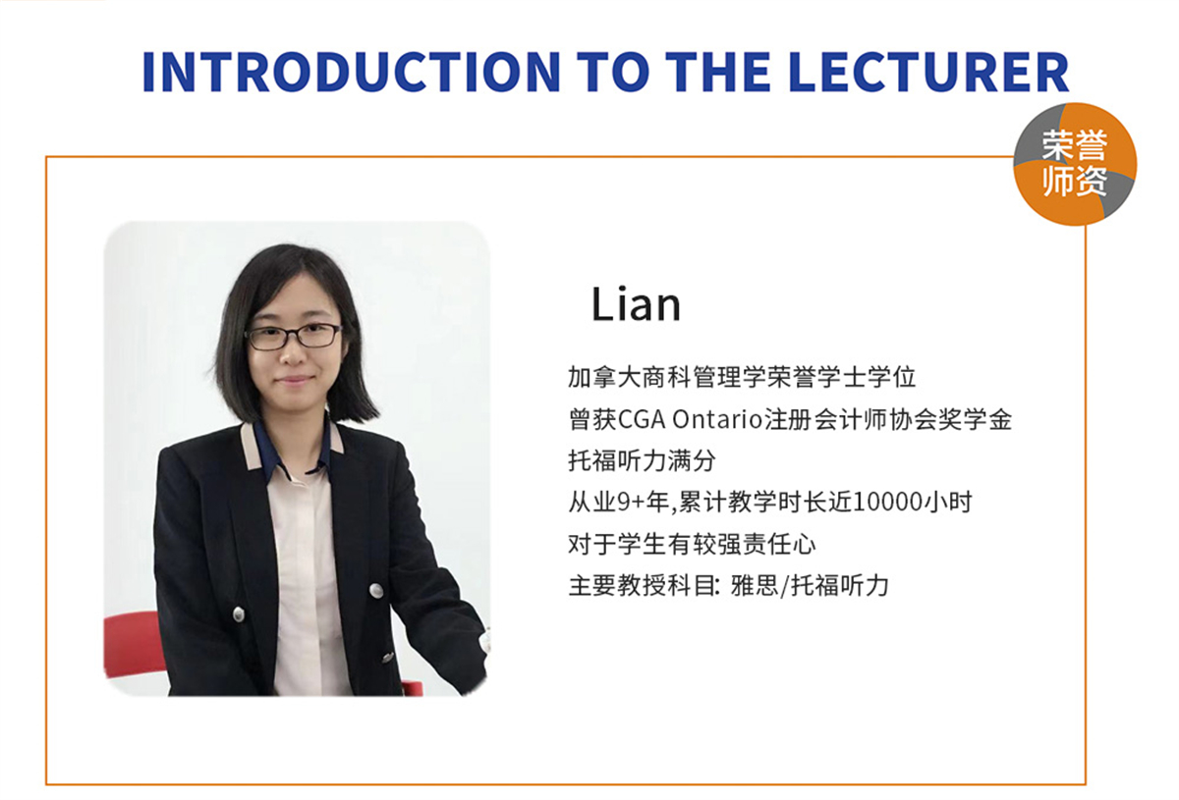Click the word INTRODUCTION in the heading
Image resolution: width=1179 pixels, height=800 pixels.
coord(352,72)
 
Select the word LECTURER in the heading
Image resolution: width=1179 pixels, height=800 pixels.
coord(929,72)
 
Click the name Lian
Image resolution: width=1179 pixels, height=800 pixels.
coord(636,304)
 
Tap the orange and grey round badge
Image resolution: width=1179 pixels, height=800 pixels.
coord(1075,164)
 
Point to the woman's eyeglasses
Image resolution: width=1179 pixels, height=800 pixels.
coord(294,336)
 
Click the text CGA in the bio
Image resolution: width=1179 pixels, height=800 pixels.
coord(642,420)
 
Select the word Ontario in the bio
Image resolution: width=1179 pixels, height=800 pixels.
coord(718,420)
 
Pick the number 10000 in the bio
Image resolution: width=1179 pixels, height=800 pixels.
coord(888,503)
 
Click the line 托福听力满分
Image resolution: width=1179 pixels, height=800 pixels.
coord(643,460)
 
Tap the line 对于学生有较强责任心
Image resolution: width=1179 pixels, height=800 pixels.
coord(692,544)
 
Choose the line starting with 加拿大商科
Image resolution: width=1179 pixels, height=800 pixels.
coord(742,377)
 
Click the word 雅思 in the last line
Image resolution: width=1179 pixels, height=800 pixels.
coord(755,585)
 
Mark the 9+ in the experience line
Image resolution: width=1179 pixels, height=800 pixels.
coord(632,503)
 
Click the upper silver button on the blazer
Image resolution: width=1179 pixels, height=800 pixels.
coord(375,591)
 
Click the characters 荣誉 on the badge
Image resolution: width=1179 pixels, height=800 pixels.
coord(1075,144)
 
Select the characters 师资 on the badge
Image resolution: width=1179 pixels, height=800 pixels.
coord(1075,182)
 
